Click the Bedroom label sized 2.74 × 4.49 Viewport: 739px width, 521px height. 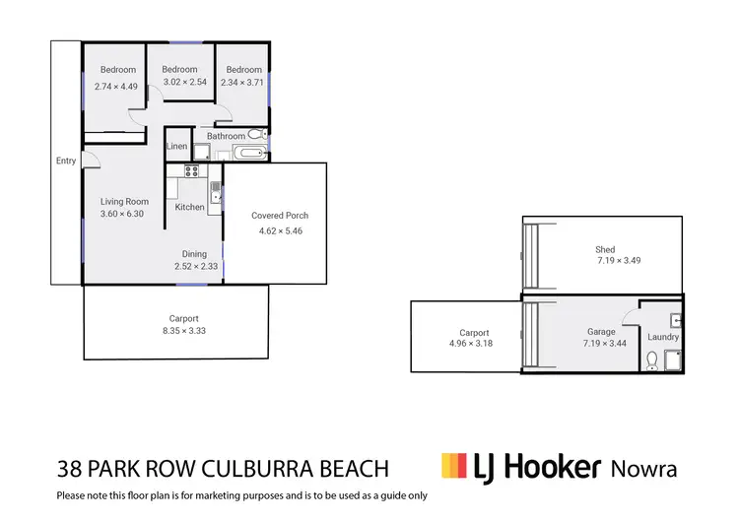[116, 70]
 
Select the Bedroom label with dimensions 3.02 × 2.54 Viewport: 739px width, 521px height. [179, 70]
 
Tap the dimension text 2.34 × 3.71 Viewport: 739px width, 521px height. [243, 84]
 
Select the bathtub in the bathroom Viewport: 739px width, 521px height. [249, 153]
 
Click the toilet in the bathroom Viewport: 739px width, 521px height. [255, 134]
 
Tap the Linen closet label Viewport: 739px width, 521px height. [176, 147]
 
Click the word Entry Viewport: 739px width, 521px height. [66, 162]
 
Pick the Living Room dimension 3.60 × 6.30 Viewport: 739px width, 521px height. [123, 214]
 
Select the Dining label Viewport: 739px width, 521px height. [194, 254]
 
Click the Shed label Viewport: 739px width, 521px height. [605, 250]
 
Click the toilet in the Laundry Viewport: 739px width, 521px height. [650, 361]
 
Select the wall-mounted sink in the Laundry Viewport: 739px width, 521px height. [674, 320]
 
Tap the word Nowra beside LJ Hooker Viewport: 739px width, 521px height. [644, 467]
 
